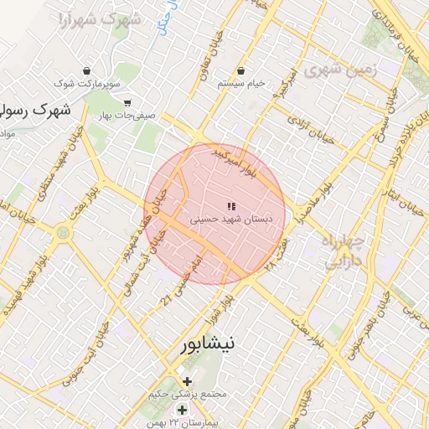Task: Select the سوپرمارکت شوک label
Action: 87,85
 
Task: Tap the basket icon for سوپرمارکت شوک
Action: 87,70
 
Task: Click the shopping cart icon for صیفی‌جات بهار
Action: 127,102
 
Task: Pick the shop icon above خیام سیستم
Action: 241,70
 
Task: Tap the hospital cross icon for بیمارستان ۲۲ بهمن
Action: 182,410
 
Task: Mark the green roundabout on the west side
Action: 63,233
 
